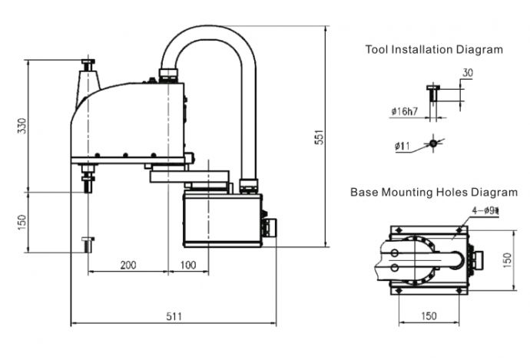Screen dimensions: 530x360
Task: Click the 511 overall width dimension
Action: pyautogui.click(x=174, y=316)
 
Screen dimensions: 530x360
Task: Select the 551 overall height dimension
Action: pyautogui.click(x=319, y=137)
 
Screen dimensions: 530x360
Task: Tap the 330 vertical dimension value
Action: pyautogui.click(x=22, y=126)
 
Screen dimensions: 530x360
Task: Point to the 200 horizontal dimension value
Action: pyautogui.click(x=128, y=265)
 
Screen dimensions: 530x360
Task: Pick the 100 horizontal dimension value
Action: pyautogui.click(x=188, y=265)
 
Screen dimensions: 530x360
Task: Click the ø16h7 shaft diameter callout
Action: pyautogui.click(x=405, y=111)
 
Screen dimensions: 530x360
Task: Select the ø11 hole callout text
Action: pyautogui.click(x=402, y=146)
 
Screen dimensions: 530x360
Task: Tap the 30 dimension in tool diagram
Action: pyautogui.click(x=468, y=73)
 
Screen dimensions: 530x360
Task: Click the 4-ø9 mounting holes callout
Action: pyautogui.click(x=485, y=211)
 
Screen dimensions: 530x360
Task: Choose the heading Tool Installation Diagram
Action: pyautogui.click(x=434, y=49)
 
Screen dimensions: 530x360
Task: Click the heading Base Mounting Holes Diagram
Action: pyautogui.click(x=434, y=192)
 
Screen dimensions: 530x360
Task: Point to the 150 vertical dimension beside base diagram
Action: pyautogui.click(x=507, y=260)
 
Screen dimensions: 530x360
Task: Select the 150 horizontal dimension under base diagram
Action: pyautogui.click(x=429, y=315)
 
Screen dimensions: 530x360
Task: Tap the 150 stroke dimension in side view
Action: pyautogui.click(x=22, y=223)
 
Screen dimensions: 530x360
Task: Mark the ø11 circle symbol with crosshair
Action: pyautogui.click(x=433, y=144)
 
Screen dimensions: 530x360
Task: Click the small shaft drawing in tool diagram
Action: pyautogui.click(x=433, y=93)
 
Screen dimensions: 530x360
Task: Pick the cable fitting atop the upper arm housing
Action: pyautogui.click(x=168, y=76)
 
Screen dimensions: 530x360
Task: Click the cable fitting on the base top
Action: pyautogui.click(x=249, y=186)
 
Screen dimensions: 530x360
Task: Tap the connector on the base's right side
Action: pyautogui.click(x=269, y=227)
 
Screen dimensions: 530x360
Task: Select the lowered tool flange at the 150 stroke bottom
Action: pyautogui.click(x=88, y=245)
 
